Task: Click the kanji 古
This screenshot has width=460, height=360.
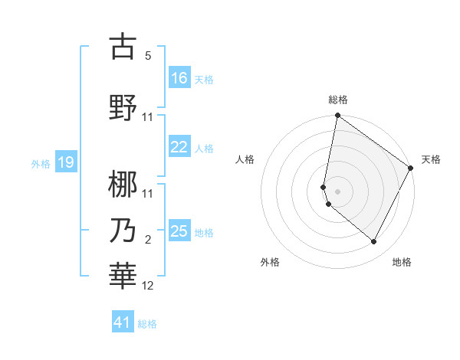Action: click(x=123, y=47)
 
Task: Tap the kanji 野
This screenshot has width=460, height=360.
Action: click(x=123, y=107)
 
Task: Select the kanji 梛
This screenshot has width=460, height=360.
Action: click(x=123, y=184)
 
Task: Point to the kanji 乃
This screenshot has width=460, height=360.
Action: click(x=123, y=231)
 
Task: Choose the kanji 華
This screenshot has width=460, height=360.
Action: click(x=123, y=276)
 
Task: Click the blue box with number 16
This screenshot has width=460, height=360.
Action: click(x=179, y=77)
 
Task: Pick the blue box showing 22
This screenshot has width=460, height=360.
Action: click(x=179, y=148)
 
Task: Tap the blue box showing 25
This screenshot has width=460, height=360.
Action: click(x=179, y=231)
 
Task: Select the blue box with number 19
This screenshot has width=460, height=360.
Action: click(x=66, y=162)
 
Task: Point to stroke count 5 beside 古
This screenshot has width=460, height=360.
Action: click(x=148, y=56)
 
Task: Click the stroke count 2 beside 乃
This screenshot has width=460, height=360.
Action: click(x=148, y=241)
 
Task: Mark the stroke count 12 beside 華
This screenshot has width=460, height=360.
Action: click(x=148, y=286)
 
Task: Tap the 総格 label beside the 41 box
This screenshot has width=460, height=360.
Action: click(x=147, y=324)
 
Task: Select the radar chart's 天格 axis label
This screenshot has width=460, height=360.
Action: click(x=431, y=159)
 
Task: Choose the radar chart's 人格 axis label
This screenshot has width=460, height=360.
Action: click(x=245, y=159)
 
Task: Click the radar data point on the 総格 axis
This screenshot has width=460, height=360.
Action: click(x=337, y=116)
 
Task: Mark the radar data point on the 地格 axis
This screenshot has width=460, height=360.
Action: click(x=374, y=242)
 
